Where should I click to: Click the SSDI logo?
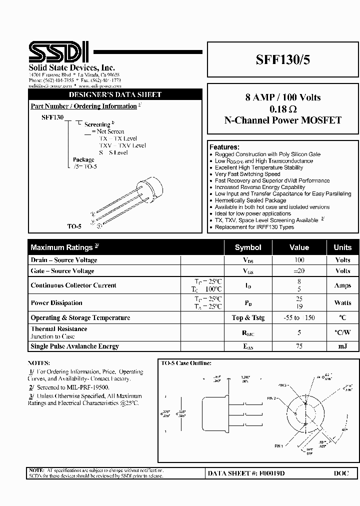(x=59, y=51)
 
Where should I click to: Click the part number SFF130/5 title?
(x=283, y=59)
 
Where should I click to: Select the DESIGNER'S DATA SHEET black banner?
(x=115, y=94)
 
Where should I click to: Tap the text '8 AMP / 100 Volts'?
(x=283, y=97)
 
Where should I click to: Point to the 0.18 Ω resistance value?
(x=283, y=109)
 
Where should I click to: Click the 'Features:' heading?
(x=224, y=147)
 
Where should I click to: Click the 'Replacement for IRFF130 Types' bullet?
(x=254, y=227)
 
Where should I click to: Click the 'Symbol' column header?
(x=248, y=247)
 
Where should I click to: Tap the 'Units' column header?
(x=342, y=247)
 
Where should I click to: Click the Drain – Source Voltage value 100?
(x=299, y=260)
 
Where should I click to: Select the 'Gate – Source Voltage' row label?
(x=62, y=271)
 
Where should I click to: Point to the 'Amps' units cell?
(x=342, y=285)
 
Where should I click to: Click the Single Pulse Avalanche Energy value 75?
(x=299, y=346)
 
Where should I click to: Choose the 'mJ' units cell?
(x=342, y=346)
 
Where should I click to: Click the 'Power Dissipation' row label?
(x=56, y=303)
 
